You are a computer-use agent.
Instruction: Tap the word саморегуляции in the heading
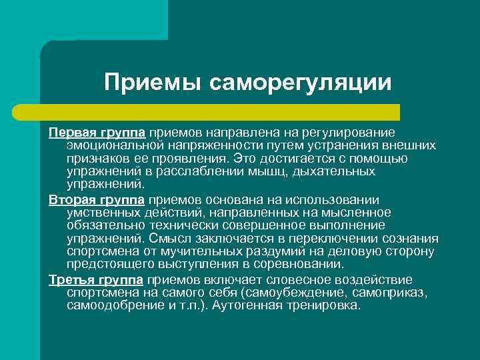pos(300,83)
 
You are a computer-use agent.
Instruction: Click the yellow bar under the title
pos(220,112)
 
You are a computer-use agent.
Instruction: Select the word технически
pos(168,225)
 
